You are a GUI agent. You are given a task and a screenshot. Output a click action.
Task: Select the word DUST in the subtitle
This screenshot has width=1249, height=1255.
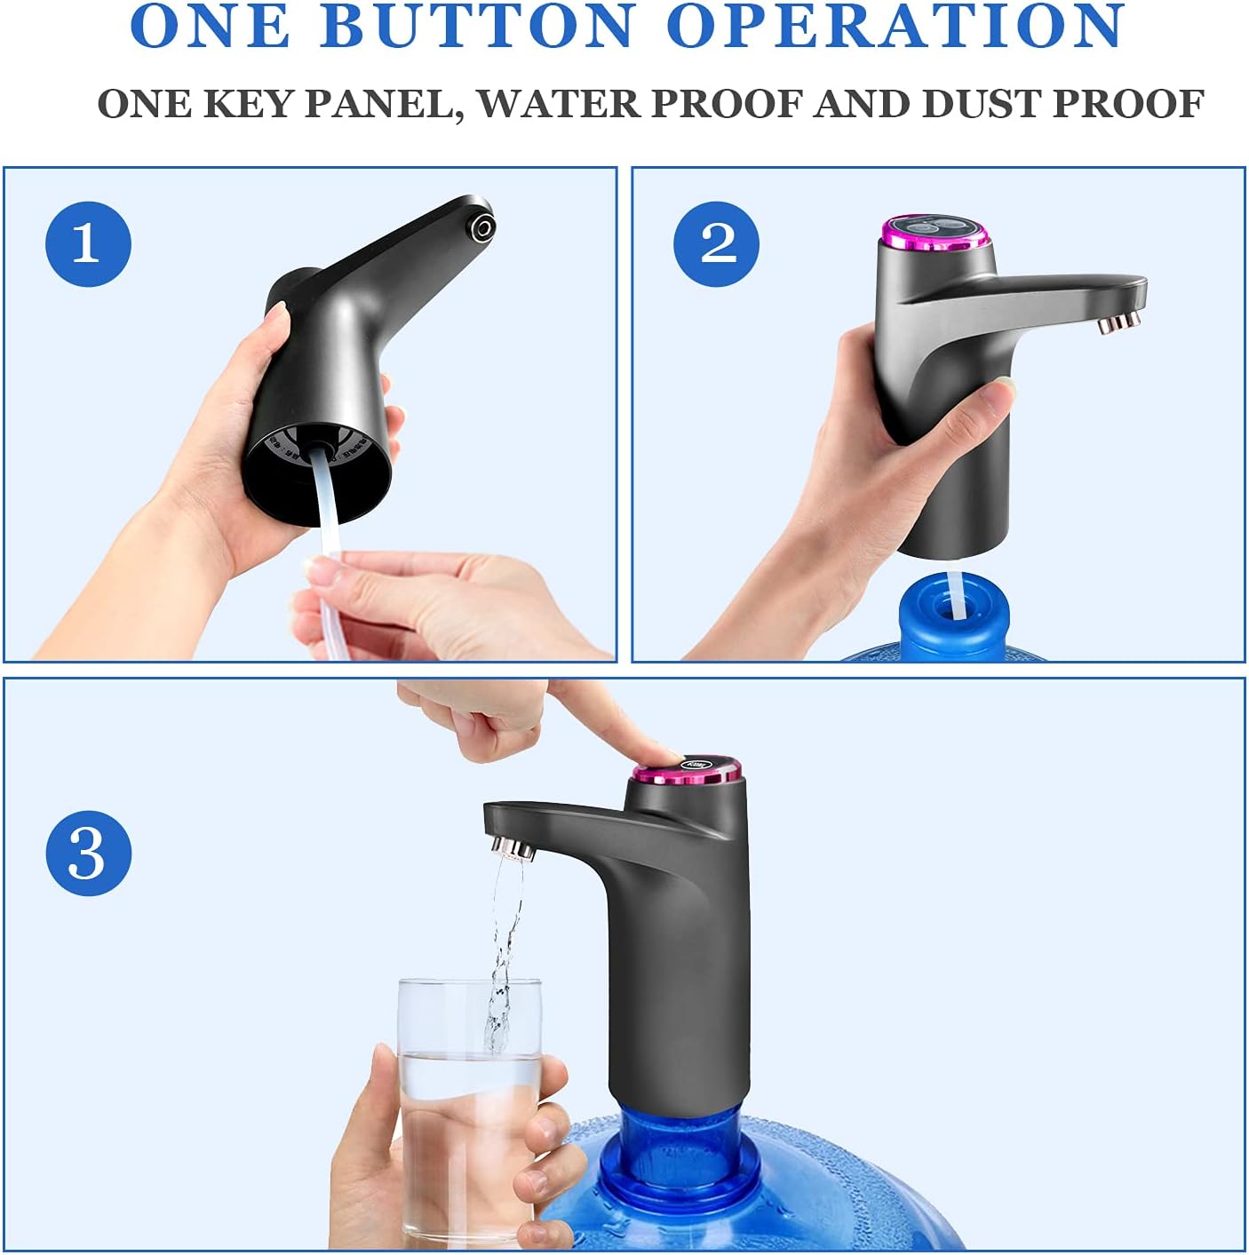[x=980, y=104]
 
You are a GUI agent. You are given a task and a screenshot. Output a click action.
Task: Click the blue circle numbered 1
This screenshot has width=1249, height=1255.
[x=88, y=243]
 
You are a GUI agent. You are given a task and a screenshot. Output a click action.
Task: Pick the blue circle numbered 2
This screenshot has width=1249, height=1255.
[x=717, y=243]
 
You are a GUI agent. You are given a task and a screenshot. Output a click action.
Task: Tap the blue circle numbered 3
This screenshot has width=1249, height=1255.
[x=88, y=854]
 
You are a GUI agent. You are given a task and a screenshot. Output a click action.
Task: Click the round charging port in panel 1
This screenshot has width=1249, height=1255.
[x=483, y=228]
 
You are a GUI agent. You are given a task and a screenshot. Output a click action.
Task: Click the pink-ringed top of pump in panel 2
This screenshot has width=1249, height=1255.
[x=934, y=233]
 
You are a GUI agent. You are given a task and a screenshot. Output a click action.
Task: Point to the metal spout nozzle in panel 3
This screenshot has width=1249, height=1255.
[x=513, y=847]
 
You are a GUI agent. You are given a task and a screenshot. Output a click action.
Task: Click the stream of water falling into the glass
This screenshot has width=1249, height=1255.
[x=503, y=951]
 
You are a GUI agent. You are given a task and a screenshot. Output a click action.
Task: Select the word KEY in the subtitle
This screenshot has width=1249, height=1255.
[x=246, y=104]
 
